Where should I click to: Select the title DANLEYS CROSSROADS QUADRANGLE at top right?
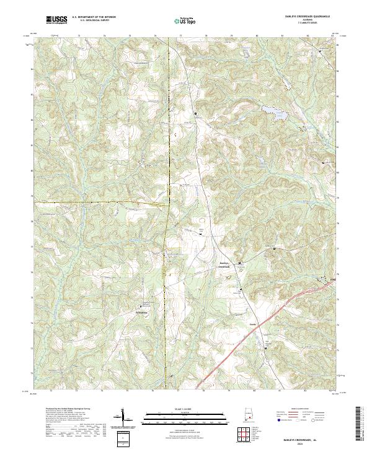[x=308, y=17]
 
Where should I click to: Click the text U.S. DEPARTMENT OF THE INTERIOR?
[x=94, y=17]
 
